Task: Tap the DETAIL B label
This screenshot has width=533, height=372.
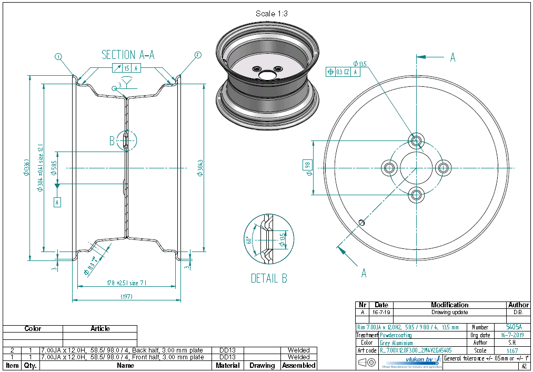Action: [268, 278]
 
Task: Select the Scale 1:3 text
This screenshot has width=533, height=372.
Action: [271, 13]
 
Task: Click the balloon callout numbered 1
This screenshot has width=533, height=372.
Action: [58, 56]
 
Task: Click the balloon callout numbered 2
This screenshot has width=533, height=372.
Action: [198, 55]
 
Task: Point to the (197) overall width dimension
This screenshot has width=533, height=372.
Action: [126, 297]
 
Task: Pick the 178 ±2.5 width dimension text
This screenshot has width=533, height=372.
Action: [125, 283]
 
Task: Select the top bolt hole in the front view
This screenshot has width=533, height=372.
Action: [417, 140]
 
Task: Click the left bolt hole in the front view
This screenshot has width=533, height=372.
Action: [390, 168]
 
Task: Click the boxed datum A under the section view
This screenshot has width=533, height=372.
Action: [57, 202]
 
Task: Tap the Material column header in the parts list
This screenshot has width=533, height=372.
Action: [228, 365]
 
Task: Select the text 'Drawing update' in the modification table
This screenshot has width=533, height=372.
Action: [450, 312]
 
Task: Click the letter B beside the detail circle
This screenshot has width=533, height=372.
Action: [112, 140]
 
